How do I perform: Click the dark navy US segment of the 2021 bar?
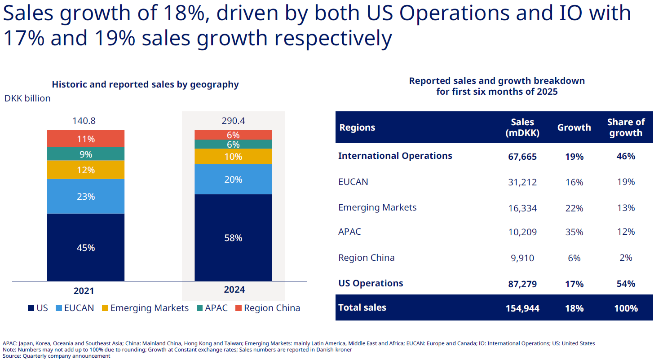pyautogui.click(x=85, y=247)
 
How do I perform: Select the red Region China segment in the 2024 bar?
pyautogui.click(x=233, y=135)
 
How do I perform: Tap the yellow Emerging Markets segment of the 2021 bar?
pyautogui.click(x=85, y=170)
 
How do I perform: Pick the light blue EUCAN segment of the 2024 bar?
pyautogui.click(x=233, y=179)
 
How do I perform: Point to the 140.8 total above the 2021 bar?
pyautogui.click(x=84, y=121)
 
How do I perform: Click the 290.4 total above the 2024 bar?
pyautogui.click(x=233, y=121)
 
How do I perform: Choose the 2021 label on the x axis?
pyautogui.click(x=84, y=291)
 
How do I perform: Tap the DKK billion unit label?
pyautogui.click(x=27, y=98)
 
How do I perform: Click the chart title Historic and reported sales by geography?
pyautogui.click(x=145, y=84)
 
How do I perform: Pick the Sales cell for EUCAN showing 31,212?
pyautogui.click(x=522, y=182)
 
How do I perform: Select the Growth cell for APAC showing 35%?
pyautogui.click(x=574, y=232)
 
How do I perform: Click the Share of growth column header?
pyautogui.click(x=626, y=127)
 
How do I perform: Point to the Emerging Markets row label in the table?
pyautogui.click(x=377, y=207)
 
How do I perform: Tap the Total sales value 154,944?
pyautogui.click(x=522, y=308)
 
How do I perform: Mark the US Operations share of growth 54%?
pyautogui.click(x=626, y=284)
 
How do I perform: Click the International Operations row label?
pyautogui.click(x=395, y=156)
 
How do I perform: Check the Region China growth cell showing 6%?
pyautogui.click(x=574, y=258)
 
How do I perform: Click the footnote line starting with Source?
pyautogui.click(x=56, y=356)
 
